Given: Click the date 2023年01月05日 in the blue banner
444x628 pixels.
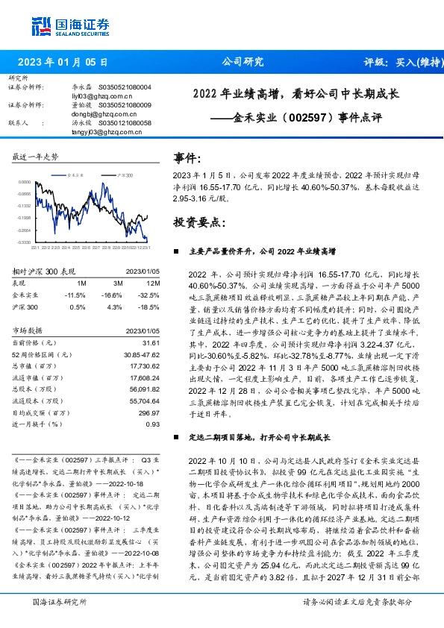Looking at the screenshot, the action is [x=62, y=62].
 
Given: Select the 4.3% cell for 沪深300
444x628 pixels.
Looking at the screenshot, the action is [x=116, y=307].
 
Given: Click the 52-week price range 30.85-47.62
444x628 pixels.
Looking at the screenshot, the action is [x=140, y=354].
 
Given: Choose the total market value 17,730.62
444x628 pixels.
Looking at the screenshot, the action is [x=143, y=366].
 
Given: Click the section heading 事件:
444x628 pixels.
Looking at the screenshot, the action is [x=187, y=159].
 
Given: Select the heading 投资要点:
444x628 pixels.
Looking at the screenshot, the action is [x=198, y=223].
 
